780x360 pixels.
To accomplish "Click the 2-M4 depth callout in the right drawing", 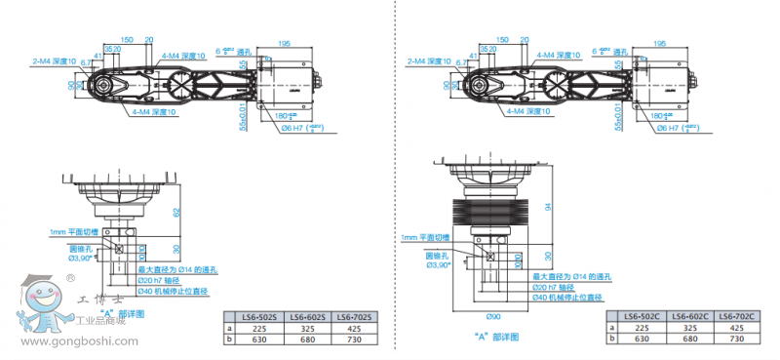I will (429, 61).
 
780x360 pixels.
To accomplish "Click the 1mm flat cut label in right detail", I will (423, 237).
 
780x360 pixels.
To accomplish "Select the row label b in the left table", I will (230, 340).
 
